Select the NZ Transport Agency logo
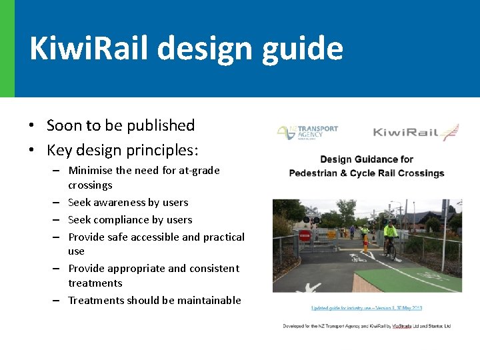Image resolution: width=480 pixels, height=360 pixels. pos(307,131)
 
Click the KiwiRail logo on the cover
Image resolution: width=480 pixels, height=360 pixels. pos(415,132)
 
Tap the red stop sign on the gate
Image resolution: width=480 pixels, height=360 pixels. pos(305,235)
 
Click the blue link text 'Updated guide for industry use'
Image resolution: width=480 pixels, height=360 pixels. pos(347,308)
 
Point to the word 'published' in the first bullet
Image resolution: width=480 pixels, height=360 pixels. pos(161,125)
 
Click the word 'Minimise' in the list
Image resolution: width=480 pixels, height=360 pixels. pos(91,171)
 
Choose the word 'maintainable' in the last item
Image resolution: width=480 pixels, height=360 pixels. pos(209,301)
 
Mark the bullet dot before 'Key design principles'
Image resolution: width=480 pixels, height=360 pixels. pos(31,149)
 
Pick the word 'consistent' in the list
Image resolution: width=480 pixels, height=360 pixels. pos(215,269)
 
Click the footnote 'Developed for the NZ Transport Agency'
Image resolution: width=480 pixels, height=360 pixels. pos(333,326)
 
